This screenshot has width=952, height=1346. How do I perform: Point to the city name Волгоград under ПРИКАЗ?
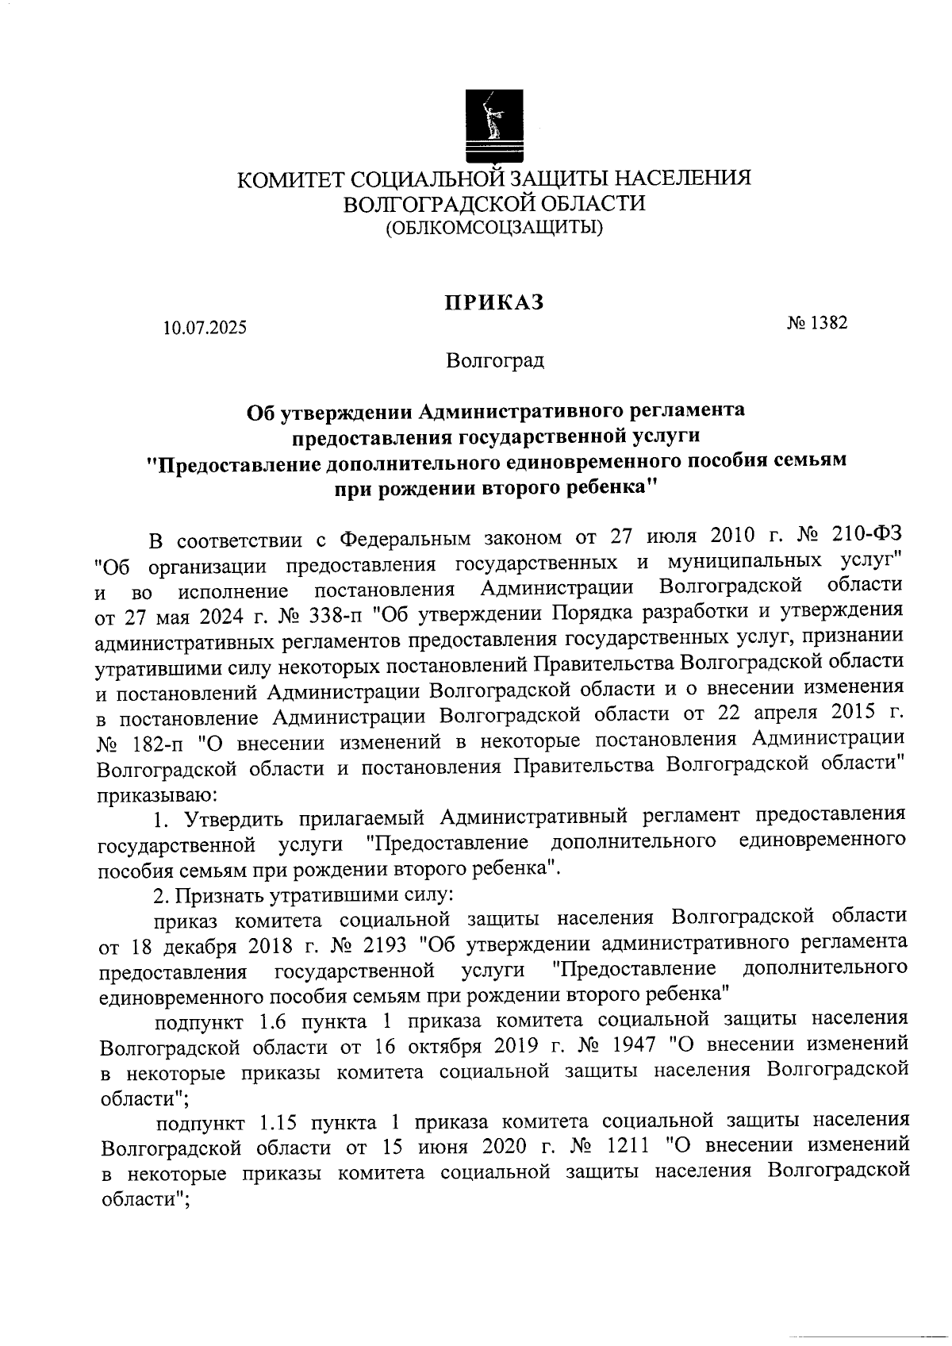coord(494,361)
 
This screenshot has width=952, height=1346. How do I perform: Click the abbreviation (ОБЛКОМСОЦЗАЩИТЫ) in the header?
coord(493,229)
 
